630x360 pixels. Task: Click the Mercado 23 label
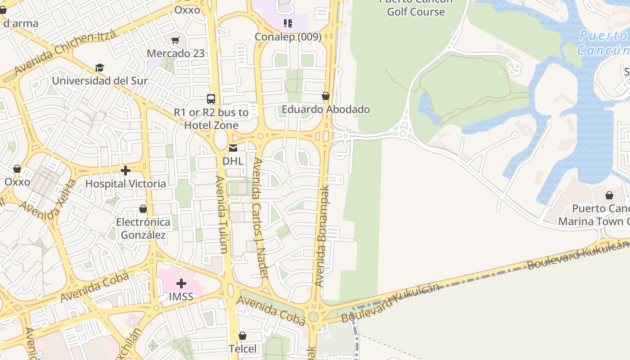pyautogui.click(x=175, y=53)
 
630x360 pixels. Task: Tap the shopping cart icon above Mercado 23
pyautogui.click(x=175, y=40)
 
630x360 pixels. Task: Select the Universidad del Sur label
pyautogui.click(x=99, y=81)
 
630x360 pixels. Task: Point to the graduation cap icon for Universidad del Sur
pyautogui.click(x=99, y=67)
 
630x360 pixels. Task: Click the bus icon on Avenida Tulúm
pyautogui.click(x=211, y=99)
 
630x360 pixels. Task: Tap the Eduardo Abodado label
pyautogui.click(x=326, y=109)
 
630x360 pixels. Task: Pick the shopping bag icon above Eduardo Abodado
pyautogui.click(x=326, y=96)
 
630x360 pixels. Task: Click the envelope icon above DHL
pyautogui.click(x=233, y=148)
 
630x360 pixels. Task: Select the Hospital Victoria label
pyautogui.click(x=126, y=184)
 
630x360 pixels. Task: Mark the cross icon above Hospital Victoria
pyautogui.click(x=126, y=171)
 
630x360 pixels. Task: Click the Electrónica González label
pyautogui.click(x=143, y=228)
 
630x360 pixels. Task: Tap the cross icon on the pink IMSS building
pyautogui.click(x=181, y=283)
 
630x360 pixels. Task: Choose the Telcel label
pyautogui.click(x=243, y=349)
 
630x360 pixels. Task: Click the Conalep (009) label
pyautogui.click(x=288, y=37)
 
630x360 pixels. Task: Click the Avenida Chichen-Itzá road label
pyautogui.click(x=65, y=53)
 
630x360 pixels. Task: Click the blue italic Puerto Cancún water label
pyautogui.click(x=603, y=43)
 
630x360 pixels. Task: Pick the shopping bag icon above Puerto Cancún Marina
pyautogui.click(x=609, y=195)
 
